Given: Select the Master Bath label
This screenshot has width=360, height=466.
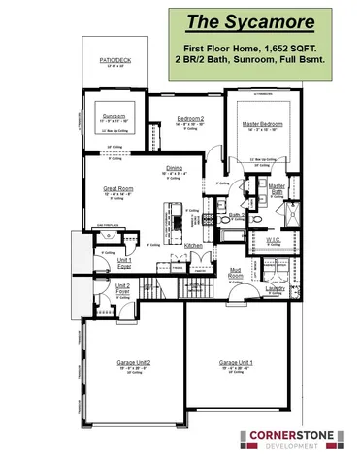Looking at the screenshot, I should (278, 188).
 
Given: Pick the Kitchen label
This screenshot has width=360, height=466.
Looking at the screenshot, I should (193, 246).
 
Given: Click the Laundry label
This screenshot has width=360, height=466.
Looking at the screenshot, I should (274, 288).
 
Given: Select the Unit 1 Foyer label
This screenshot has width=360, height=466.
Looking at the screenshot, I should (124, 263).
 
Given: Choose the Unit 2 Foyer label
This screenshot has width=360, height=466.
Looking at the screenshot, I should (122, 288).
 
